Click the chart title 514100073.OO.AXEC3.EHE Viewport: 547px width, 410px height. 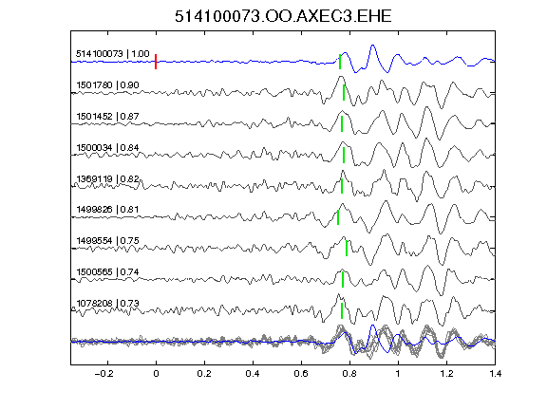point(283,16)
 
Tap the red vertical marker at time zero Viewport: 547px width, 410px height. point(156,62)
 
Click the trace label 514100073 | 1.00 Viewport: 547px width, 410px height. point(113,54)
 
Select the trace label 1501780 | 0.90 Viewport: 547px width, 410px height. point(108,85)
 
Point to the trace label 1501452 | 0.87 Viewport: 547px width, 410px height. point(108,116)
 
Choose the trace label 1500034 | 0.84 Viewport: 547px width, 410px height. point(108,147)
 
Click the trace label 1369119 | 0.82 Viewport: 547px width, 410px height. point(108,178)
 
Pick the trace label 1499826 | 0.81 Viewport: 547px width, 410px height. point(108,209)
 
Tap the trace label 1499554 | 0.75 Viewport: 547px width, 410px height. point(108,240)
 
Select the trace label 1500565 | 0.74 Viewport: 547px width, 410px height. point(108,271)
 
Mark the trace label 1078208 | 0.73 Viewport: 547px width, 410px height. point(108,303)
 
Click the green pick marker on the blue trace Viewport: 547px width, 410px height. point(340,62)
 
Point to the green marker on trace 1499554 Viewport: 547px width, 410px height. point(347,249)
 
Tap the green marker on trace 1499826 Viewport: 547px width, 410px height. point(338,217)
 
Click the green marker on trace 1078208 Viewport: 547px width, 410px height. point(342,310)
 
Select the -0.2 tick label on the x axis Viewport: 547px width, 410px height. point(104,374)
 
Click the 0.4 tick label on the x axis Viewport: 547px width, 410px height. point(253,374)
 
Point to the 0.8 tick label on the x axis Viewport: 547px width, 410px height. point(349,374)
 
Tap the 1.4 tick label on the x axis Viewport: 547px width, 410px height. point(495,374)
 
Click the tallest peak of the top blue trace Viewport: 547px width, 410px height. point(372,46)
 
